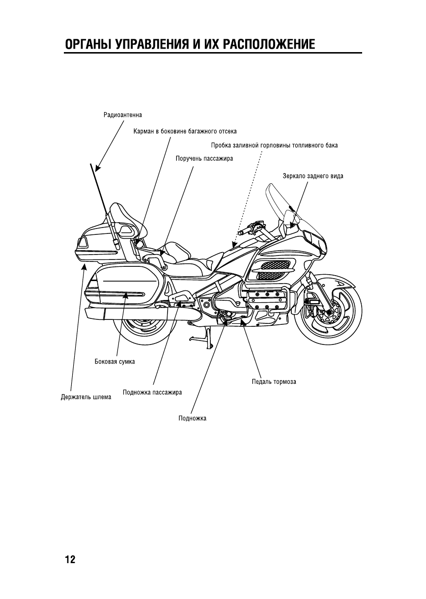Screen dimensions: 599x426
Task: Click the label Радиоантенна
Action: pyautogui.click(x=122, y=115)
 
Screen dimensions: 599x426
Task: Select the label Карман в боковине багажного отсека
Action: pyautogui.click(x=185, y=131)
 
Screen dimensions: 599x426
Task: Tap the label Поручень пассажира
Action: pyautogui.click(x=204, y=159)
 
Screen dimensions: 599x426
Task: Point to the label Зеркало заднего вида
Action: pyautogui.click(x=312, y=176)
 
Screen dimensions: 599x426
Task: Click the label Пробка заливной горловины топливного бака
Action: pyautogui.click(x=274, y=145)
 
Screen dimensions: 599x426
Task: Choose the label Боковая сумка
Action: pyautogui.click(x=114, y=362)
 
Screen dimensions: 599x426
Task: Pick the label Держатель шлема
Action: pyautogui.click(x=83, y=397)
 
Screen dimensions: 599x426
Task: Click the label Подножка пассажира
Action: pyautogui.click(x=153, y=392)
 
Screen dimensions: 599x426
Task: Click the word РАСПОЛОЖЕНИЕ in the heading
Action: pyautogui.click(x=269, y=45)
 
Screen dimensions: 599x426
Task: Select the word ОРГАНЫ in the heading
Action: pyautogui.click(x=87, y=45)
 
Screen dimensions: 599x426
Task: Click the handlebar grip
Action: pyautogui.click(x=244, y=229)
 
